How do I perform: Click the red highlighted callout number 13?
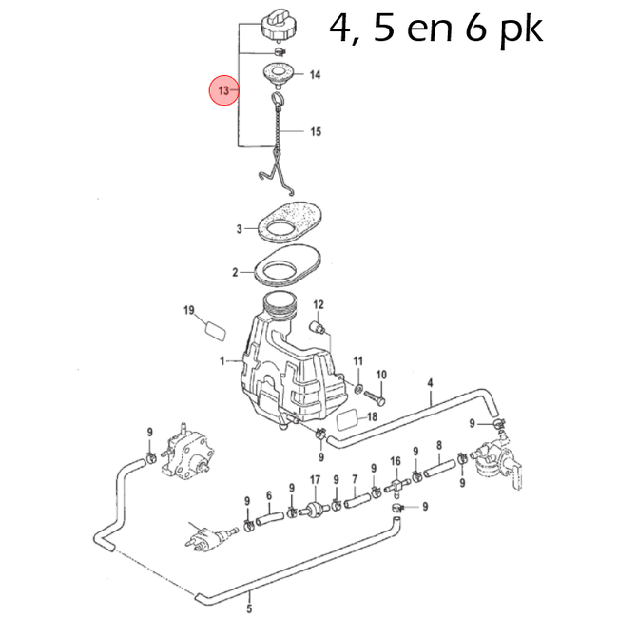coord(224,91)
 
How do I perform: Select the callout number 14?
coord(315,74)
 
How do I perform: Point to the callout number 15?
coord(315,132)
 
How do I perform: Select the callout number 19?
coord(188,311)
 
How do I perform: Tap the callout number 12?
coord(319,304)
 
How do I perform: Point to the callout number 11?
coord(358,361)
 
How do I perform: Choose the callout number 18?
coord(373,416)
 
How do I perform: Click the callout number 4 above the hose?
coord(430,383)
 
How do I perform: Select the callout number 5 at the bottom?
coord(249,599)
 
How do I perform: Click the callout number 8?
coord(438,445)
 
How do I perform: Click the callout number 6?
coord(269,495)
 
